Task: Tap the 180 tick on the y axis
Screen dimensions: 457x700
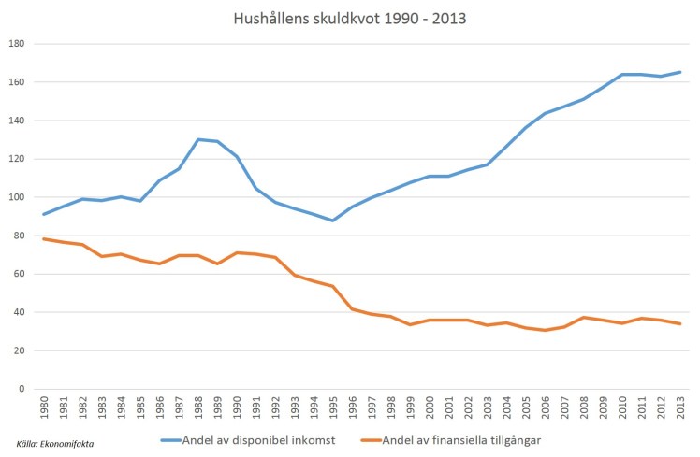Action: (x=16, y=44)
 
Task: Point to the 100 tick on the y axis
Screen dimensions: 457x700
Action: (x=16, y=197)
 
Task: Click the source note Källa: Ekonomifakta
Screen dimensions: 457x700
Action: (x=56, y=444)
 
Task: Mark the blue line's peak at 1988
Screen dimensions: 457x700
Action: (x=198, y=139)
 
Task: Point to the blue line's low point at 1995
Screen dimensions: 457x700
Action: (x=333, y=221)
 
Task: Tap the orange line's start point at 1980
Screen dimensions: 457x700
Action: (x=45, y=238)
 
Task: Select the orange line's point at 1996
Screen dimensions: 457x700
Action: (x=352, y=308)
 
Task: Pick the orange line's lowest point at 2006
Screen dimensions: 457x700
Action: (x=544, y=330)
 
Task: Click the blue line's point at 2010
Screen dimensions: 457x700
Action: (x=620, y=75)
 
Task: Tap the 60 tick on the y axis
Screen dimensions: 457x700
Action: (x=19, y=274)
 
